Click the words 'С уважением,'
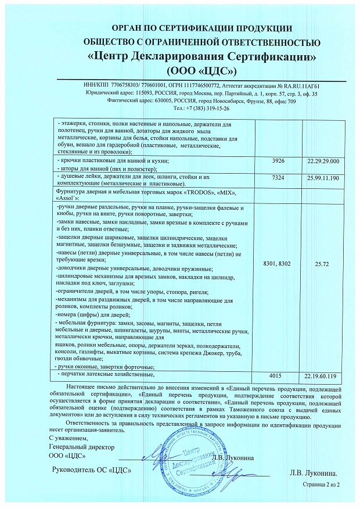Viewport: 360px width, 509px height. point(68,437)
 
